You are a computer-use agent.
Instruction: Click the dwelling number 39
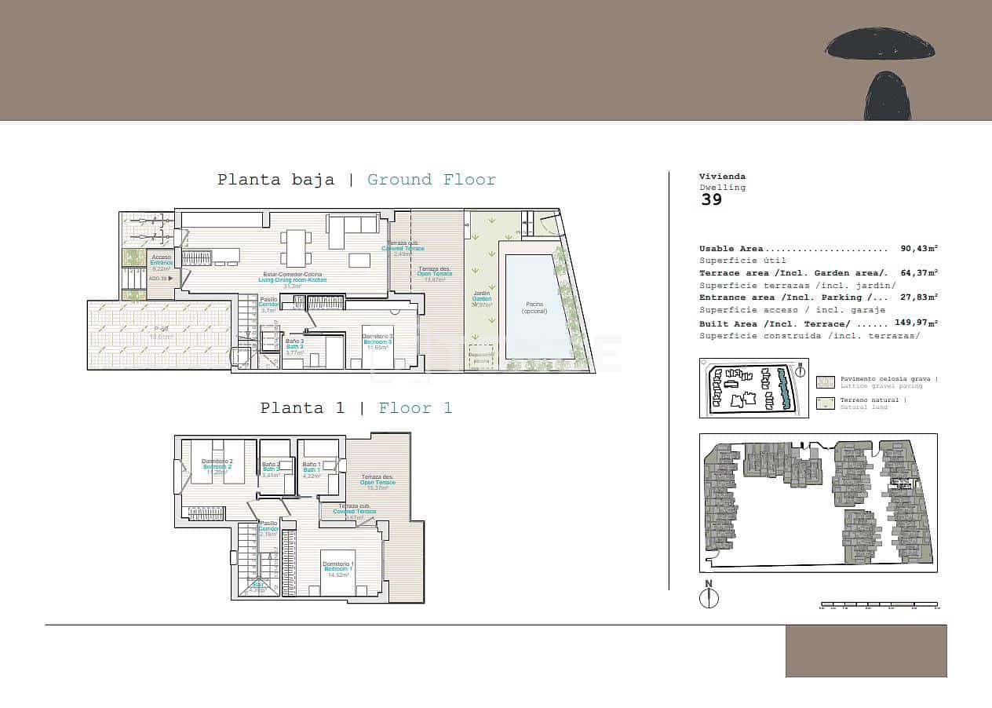pyautogui.click(x=711, y=199)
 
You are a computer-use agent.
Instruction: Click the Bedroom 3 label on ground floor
pyautogui.click(x=377, y=341)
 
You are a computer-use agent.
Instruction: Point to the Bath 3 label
pyautogui.click(x=294, y=346)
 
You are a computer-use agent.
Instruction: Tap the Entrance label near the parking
pyautogui.click(x=161, y=261)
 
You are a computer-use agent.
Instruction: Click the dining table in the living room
pyautogui.click(x=295, y=247)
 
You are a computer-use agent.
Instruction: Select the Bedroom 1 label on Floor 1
pyautogui.click(x=338, y=567)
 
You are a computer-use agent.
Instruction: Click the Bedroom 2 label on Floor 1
pyautogui.click(x=217, y=466)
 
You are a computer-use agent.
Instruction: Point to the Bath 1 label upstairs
pyautogui.click(x=312, y=469)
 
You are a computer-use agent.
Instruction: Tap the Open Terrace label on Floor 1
pyautogui.click(x=377, y=481)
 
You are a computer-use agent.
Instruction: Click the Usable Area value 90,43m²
pyautogui.click(x=919, y=248)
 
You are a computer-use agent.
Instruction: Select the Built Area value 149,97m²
pyautogui.click(x=916, y=323)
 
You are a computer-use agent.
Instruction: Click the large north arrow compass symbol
pyautogui.click(x=709, y=597)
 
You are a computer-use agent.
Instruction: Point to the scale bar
pyautogui.click(x=879, y=605)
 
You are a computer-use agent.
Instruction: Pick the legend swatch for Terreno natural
pyautogui.click(x=826, y=403)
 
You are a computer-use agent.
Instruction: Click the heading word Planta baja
pyautogui.click(x=275, y=180)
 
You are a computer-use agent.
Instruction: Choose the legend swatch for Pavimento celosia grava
pyautogui.click(x=826, y=382)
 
